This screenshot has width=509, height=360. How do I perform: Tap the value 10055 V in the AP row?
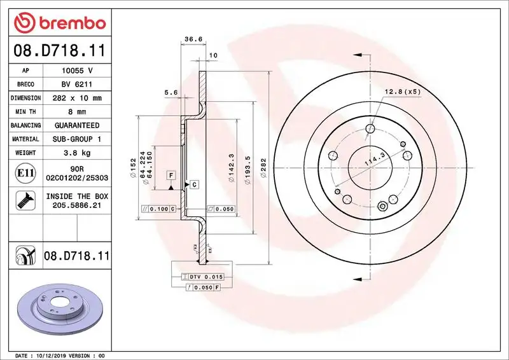(77, 71)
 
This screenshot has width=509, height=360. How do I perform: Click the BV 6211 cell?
(77, 85)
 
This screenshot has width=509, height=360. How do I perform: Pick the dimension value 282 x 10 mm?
(77, 99)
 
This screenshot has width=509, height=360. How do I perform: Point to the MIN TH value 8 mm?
(77, 112)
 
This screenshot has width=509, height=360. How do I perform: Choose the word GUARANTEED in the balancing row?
(77, 126)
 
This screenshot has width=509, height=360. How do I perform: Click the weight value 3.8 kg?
(77, 153)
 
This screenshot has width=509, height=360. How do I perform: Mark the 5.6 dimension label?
(171, 93)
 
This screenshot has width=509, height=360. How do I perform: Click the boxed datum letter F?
(171, 175)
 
